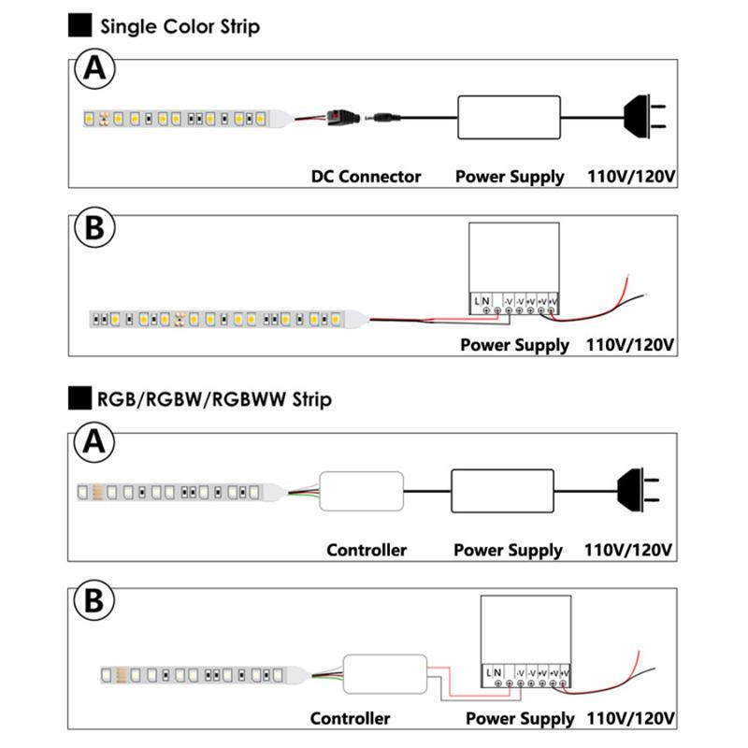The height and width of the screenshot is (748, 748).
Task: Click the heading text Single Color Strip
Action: (x=180, y=26)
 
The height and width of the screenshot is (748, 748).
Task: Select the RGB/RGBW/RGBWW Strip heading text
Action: (x=214, y=400)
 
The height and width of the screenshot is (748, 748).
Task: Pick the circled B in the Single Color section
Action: (x=93, y=229)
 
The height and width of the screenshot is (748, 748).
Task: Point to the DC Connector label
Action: (x=366, y=176)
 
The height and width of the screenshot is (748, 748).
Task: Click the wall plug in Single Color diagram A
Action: (x=644, y=117)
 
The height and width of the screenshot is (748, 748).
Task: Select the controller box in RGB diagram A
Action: (x=362, y=491)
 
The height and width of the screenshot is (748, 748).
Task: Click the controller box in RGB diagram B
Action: (x=385, y=673)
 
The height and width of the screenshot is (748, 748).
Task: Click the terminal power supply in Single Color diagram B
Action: (x=513, y=267)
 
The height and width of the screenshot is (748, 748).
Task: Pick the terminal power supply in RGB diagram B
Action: (x=525, y=641)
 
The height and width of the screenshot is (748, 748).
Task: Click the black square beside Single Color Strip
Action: (x=80, y=25)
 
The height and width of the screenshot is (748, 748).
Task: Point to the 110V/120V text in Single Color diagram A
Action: (x=630, y=176)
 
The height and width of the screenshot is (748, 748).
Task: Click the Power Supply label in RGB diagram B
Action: (x=519, y=718)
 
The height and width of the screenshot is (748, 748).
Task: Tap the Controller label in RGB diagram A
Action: (x=367, y=550)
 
